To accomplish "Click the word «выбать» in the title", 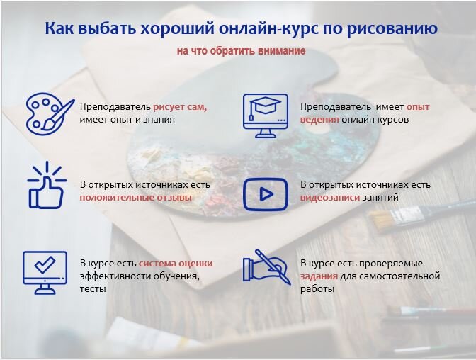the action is click(x=107, y=28).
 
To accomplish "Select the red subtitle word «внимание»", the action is click(x=282, y=51).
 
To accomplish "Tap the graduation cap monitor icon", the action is click(x=266, y=116).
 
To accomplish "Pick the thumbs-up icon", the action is click(x=47, y=185).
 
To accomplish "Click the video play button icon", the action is click(x=266, y=194).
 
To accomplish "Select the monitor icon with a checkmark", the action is click(x=45, y=273).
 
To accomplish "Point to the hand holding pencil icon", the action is click(x=266, y=267).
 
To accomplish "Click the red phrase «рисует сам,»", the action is click(x=180, y=107).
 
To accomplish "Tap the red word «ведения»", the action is click(x=319, y=120).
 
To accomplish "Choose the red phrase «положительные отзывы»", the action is click(x=136, y=198).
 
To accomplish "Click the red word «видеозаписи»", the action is click(x=330, y=198).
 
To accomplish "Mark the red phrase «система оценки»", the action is click(x=176, y=264).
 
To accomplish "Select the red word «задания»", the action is click(x=319, y=276).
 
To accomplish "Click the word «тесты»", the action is click(x=93, y=289).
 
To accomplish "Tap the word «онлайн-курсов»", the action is click(x=375, y=120).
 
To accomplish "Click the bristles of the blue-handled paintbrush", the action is click(x=380, y=220).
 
